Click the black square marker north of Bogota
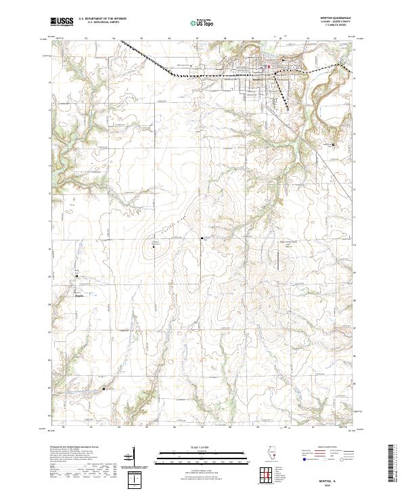(76, 276)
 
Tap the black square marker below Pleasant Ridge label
(154, 247)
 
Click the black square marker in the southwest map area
(104, 389)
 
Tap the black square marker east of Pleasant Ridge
(202, 238)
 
